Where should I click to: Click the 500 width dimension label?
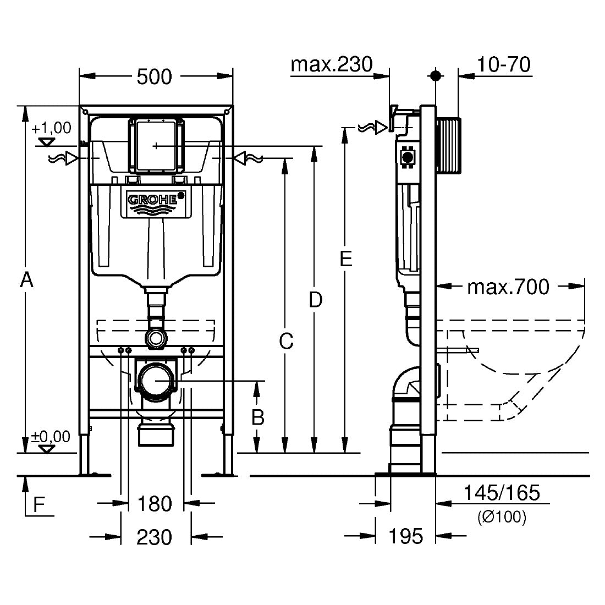click(154, 76)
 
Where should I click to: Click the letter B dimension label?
click(257, 417)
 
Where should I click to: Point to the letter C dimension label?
click(285, 342)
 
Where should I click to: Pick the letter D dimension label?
click(315, 300)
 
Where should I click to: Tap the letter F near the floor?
click(38, 504)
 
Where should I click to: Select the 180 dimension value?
click(155, 504)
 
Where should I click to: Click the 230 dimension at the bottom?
click(155, 537)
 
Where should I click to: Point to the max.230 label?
click(331, 64)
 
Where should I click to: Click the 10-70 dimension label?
click(504, 64)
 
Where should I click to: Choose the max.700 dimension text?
click(508, 287)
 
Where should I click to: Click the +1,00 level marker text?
click(51, 128)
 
